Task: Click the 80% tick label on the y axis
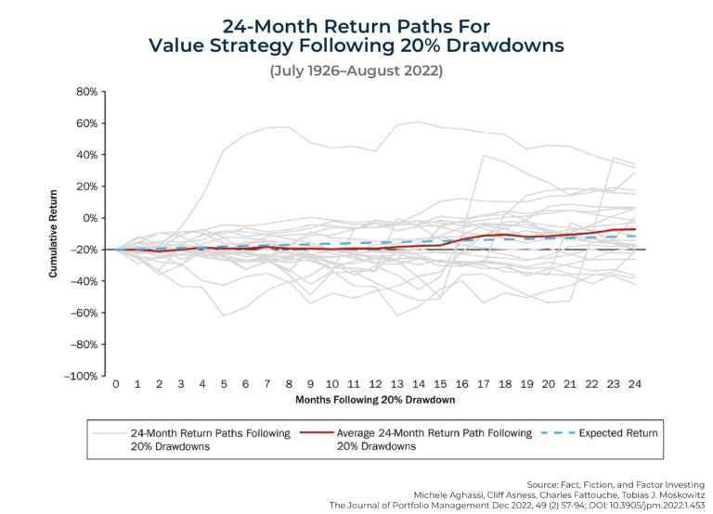click(x=86, y=92)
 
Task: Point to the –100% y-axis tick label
click(x=82, y=376)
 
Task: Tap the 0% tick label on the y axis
click(x=89, y=218)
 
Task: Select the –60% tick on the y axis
click(x=84, y=313)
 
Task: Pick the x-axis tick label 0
click(x=115, y=382)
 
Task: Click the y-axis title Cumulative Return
click(x=53, y=233)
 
